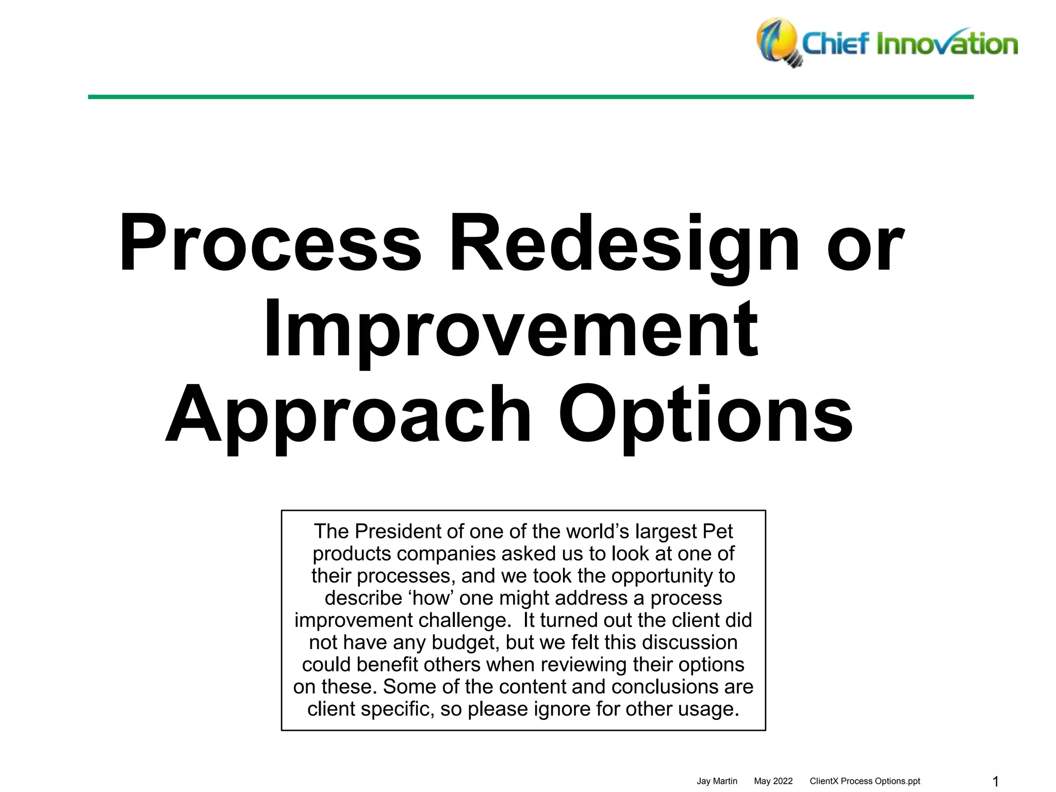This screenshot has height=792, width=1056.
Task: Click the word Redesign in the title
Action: point(624,243)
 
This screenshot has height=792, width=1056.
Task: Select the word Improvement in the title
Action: point(510,328)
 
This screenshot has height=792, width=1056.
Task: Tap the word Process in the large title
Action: point(270,243)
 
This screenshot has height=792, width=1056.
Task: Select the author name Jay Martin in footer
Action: point(717,781)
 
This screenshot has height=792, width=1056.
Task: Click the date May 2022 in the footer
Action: point(773,781)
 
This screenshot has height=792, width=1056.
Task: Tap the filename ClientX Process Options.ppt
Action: point(865,781)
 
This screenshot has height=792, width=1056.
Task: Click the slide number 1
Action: point(996,782)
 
